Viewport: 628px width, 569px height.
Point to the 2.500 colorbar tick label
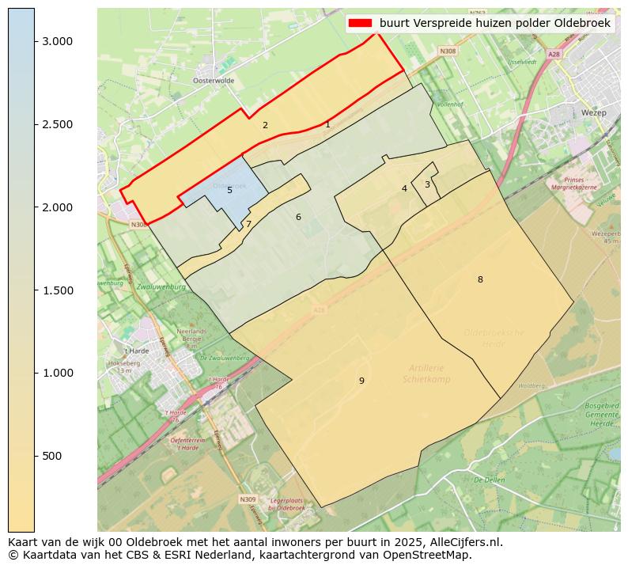(x=57, y=124)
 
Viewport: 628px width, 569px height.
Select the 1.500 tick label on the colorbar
(x=57, y=290)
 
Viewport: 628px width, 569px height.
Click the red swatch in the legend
(x=360, y=24)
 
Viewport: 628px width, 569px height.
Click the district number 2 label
(x=265, y=125)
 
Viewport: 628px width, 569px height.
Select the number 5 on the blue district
(x=229, y=190)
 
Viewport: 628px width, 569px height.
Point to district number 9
(x=361, y=381)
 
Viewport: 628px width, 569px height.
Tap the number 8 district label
(x=480, y=279)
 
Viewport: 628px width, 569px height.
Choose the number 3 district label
(x=427, y=184)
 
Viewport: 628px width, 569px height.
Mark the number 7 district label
(x=248, y=224)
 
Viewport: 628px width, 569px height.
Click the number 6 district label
(x=298, y=217)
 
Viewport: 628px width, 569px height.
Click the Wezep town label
(x=593, y=113)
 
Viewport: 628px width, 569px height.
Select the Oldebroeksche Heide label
(x=494, y=338)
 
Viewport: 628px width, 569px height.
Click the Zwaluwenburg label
(x=160, y=286)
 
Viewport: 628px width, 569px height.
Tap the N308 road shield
(x=448, y=51)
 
